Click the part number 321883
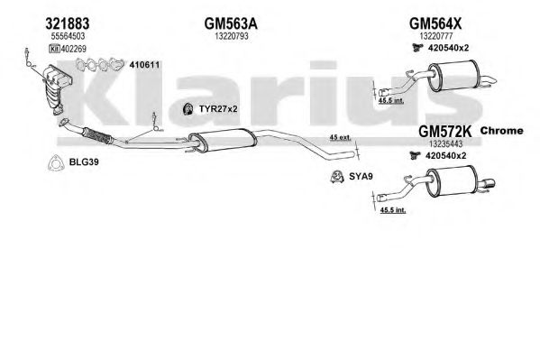click(x=67, y=23)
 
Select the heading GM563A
click(x=231, y=23)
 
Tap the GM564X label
click(x=435, y=23)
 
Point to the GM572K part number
click(x=444, y=131)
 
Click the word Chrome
click(x=501, y=131)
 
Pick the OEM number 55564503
click(x=68, y=36)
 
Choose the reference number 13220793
click(x=232, y=36)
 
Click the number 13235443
click(x=445, y=143)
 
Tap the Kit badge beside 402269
click(x=54, y=49)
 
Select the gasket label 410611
click(x=144, y=65)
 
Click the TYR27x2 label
click(x=218, y=109)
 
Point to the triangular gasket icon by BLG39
click(x=56, y=163)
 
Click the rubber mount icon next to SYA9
click(x=337, y=177)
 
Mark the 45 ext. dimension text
click(x=340, y=137)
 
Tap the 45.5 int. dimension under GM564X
click(x=391, y=101)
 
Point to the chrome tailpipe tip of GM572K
click(x=487, y=184)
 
